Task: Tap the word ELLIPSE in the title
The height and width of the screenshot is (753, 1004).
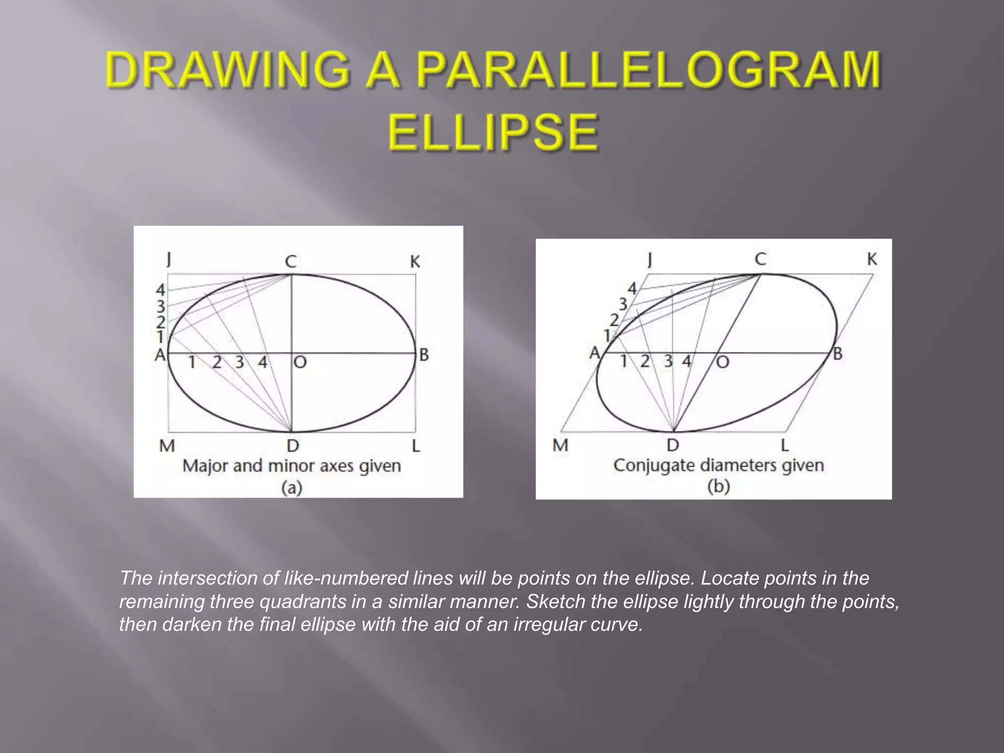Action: click(493, 132)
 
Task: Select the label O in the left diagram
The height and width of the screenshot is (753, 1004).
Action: click(300, 362)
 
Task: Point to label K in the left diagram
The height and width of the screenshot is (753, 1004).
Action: click(415, 262)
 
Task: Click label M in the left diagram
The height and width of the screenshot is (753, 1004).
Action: click(167, 446)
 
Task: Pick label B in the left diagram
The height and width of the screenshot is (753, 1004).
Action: click(424, 354)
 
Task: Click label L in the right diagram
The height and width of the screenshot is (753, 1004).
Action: click(784, 445)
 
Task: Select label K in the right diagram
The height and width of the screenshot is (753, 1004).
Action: click(872, 259)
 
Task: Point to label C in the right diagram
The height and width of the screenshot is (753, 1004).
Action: click(760, 259)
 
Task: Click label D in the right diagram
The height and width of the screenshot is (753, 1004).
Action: click(673, 445)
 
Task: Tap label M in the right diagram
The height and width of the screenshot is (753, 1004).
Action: click(560, 445)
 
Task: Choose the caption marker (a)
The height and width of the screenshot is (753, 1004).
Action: click(291, 488)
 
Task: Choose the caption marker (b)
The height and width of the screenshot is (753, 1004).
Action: click(718, 486)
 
